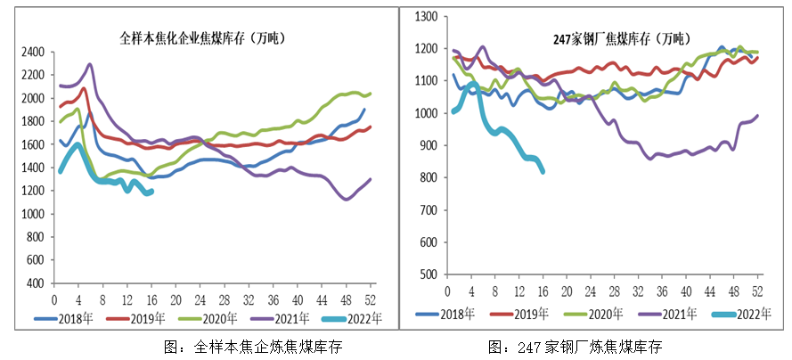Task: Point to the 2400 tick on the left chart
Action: [x=34, y=52]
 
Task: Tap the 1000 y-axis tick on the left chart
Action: [x=34, y=214]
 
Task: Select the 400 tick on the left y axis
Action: [x=37, y=283]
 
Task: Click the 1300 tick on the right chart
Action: [x=428, y=17]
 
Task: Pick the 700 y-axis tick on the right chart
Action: [x=431, y=210]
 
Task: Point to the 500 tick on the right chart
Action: [x=431, y=274]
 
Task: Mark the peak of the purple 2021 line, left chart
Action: [x=89, y=64]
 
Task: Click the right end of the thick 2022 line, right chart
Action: [x=543, y=172]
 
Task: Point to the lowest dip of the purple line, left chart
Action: [x=346, y=199]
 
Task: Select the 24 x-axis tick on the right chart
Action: [x=588, y=292]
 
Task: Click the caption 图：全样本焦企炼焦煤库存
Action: [x=255, y=348]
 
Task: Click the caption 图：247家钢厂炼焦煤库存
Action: [x=576, y=348]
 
